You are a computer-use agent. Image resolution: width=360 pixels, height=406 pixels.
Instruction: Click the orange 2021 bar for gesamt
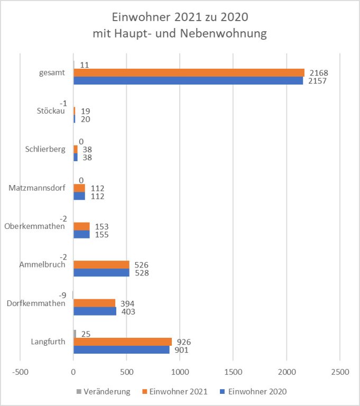tap(189, 72)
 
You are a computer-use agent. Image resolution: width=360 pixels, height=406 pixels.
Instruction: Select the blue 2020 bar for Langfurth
tap(122, 349)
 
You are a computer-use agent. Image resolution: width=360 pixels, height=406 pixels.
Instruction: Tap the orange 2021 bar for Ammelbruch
tap(101, 264)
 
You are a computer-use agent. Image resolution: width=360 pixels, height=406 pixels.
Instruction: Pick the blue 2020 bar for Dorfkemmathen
tap(95, 311)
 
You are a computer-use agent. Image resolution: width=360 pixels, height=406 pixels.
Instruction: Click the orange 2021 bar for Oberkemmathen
tap(81, 226)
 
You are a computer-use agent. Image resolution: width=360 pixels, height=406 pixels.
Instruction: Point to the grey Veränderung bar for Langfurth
tap(75, 334)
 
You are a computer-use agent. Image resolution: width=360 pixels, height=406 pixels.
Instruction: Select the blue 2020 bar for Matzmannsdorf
tap(79, 196)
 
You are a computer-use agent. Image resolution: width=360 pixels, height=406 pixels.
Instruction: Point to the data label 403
tap(127, 311)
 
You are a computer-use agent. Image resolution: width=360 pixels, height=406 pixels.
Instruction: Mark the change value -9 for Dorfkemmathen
tap(62, 295)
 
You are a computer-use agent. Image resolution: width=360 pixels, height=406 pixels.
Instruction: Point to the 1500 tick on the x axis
tap(233, 372)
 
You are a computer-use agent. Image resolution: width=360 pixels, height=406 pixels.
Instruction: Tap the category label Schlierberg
tap(45, 149)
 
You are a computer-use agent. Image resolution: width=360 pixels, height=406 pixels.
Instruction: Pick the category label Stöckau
tap(52, 111)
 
